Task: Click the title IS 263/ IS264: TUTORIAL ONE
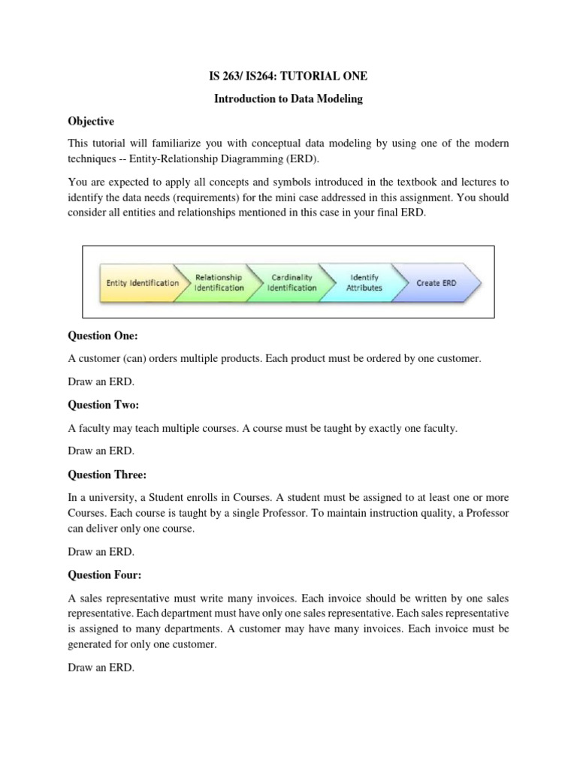[288, 76]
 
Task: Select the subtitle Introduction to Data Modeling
[288, 99]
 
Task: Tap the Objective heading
[91, 122]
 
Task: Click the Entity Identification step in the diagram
[142, 283]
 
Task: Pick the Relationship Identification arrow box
[219, 282]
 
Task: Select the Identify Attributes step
[364, 282]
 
